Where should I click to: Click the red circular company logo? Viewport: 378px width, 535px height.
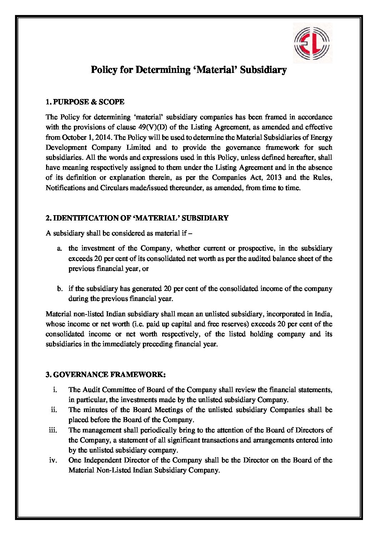(x=313, y=43)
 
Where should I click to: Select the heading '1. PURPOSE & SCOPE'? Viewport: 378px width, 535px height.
(x=85, y=102)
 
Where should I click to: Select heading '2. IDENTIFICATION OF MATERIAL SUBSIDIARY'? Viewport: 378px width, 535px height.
(x=137, y=218)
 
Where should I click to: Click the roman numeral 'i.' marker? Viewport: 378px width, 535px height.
(x=55, y=390)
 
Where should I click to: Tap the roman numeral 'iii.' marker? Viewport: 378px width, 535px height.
(x=53, y=430)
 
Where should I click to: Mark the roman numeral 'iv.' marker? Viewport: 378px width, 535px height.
(x=53, y=460)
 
